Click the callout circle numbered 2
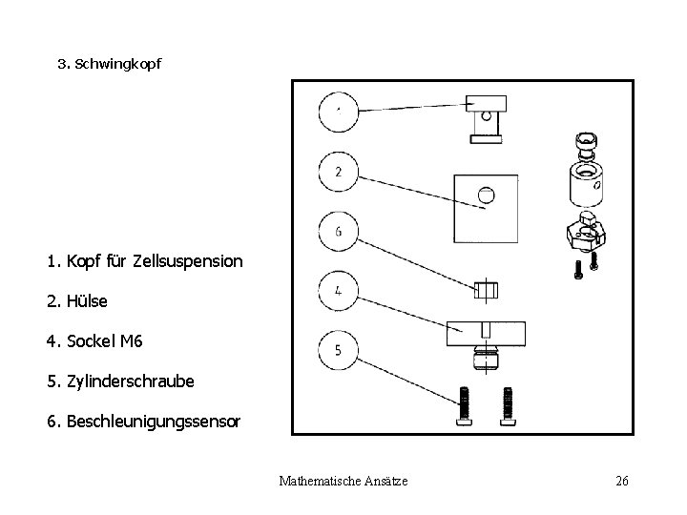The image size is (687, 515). (341, 173)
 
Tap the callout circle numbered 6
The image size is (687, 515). (340, 231)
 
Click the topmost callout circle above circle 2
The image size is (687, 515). (340, 113)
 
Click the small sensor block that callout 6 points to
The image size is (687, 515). (487, 288)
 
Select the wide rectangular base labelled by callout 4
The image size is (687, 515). (487, 332)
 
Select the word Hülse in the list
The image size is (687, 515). (87, 300)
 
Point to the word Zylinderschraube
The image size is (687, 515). (131, 381)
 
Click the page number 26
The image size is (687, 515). (621, 481)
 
